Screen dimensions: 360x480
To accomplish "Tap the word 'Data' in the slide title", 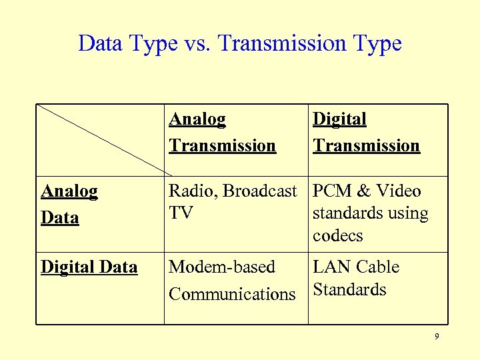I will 99,44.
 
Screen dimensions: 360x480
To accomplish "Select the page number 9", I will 437,337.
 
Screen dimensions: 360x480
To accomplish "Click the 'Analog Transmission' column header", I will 222,132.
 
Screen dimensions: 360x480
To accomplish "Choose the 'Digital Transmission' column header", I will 367,132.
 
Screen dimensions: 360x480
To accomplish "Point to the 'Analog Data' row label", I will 69,204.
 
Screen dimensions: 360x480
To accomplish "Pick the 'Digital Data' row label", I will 89,267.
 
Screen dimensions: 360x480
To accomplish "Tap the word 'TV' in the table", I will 180,213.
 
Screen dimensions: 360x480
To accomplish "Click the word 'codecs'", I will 338,236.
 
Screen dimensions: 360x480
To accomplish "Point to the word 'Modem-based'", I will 221,267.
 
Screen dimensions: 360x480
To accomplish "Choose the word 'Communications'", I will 231,294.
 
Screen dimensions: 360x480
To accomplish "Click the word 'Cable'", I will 377,267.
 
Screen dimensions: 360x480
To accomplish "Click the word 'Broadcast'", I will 259,191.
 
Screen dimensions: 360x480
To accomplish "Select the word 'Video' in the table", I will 399,191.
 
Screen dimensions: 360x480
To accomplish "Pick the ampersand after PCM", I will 364,191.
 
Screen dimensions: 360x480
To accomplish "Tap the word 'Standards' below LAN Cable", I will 349,290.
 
